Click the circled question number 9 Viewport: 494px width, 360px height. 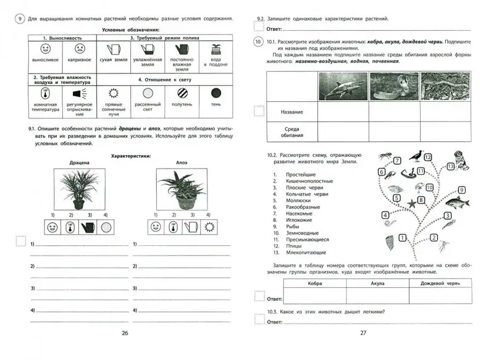pos(20,19)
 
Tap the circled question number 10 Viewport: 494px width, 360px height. pos(258,43)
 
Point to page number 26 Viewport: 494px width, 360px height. pos(125,333)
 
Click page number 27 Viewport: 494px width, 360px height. pos(363,333)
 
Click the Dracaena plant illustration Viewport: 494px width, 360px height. pos(77,189)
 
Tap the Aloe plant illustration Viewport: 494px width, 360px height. pos(180,189)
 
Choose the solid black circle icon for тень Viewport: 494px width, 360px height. pos(216,93)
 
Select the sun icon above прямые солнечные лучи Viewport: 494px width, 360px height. pos(112,93)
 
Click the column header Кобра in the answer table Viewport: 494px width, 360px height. pos(314,283)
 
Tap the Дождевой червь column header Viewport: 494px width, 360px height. pos(441,283)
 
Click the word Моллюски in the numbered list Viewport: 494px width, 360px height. pos(298,201)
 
